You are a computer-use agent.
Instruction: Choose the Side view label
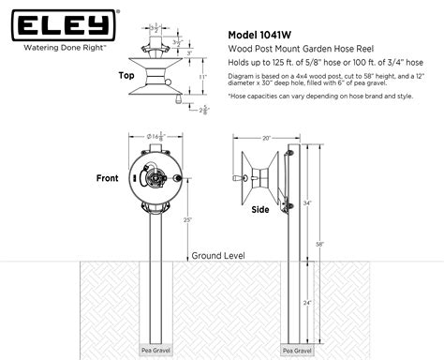260,210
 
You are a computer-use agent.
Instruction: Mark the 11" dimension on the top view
200,75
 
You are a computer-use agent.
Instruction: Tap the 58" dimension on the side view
320,243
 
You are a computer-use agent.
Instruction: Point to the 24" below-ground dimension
307,304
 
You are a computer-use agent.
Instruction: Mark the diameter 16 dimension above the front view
148,138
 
